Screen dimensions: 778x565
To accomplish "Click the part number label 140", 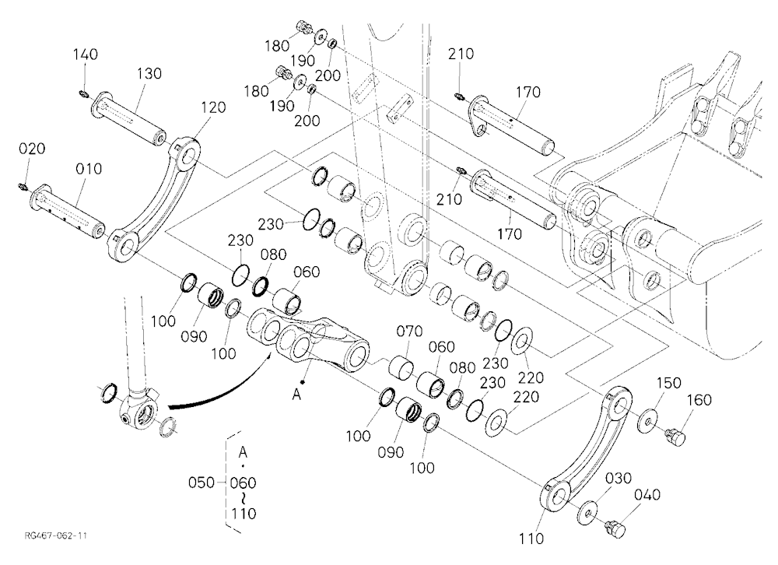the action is pos(86,54).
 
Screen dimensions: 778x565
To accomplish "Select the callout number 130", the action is pos(149,73).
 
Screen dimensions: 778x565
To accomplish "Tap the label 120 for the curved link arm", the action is pos(213,107).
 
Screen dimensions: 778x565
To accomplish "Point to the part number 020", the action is pos(32,149).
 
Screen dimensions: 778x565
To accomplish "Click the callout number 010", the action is pos(89,169).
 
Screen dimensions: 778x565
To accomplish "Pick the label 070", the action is pos(409,331).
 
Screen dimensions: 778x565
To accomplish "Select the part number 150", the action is pos(669,383).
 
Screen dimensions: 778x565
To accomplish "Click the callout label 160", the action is pos(699,400).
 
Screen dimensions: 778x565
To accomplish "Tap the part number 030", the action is pos(619,478).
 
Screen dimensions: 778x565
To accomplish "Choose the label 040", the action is pos(647,494).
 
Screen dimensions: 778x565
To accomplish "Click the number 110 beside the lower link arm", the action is pos(531,539).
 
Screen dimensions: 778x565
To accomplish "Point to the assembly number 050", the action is pos(202,483).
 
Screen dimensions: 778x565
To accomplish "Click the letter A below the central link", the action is pos(296,395).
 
